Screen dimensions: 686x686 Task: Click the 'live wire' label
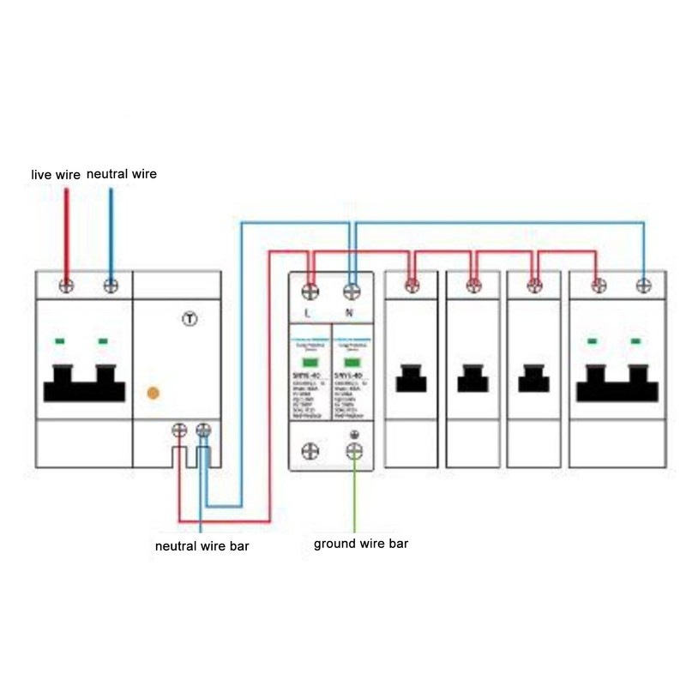coord(56,174)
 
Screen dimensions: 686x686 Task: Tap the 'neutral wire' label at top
coord(122,174)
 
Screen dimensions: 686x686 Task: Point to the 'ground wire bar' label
coord(361,544)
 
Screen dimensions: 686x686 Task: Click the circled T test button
coord(190,319)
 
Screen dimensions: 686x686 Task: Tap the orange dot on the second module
coord(153,393)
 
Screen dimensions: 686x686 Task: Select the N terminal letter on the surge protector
coord(349,313)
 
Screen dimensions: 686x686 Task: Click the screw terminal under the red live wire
coord(65,285)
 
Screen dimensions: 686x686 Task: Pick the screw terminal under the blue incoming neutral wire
coord(110,285)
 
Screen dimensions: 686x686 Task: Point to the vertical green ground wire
coord(353,497)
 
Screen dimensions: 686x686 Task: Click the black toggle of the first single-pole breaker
coord(412,378)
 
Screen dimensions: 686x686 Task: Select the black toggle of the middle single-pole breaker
coord(472,378)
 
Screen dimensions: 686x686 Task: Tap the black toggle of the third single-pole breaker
coord(533,378)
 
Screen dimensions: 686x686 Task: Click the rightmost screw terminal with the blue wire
coord(642,285)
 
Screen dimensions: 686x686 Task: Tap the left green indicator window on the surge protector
coord(310,362)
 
